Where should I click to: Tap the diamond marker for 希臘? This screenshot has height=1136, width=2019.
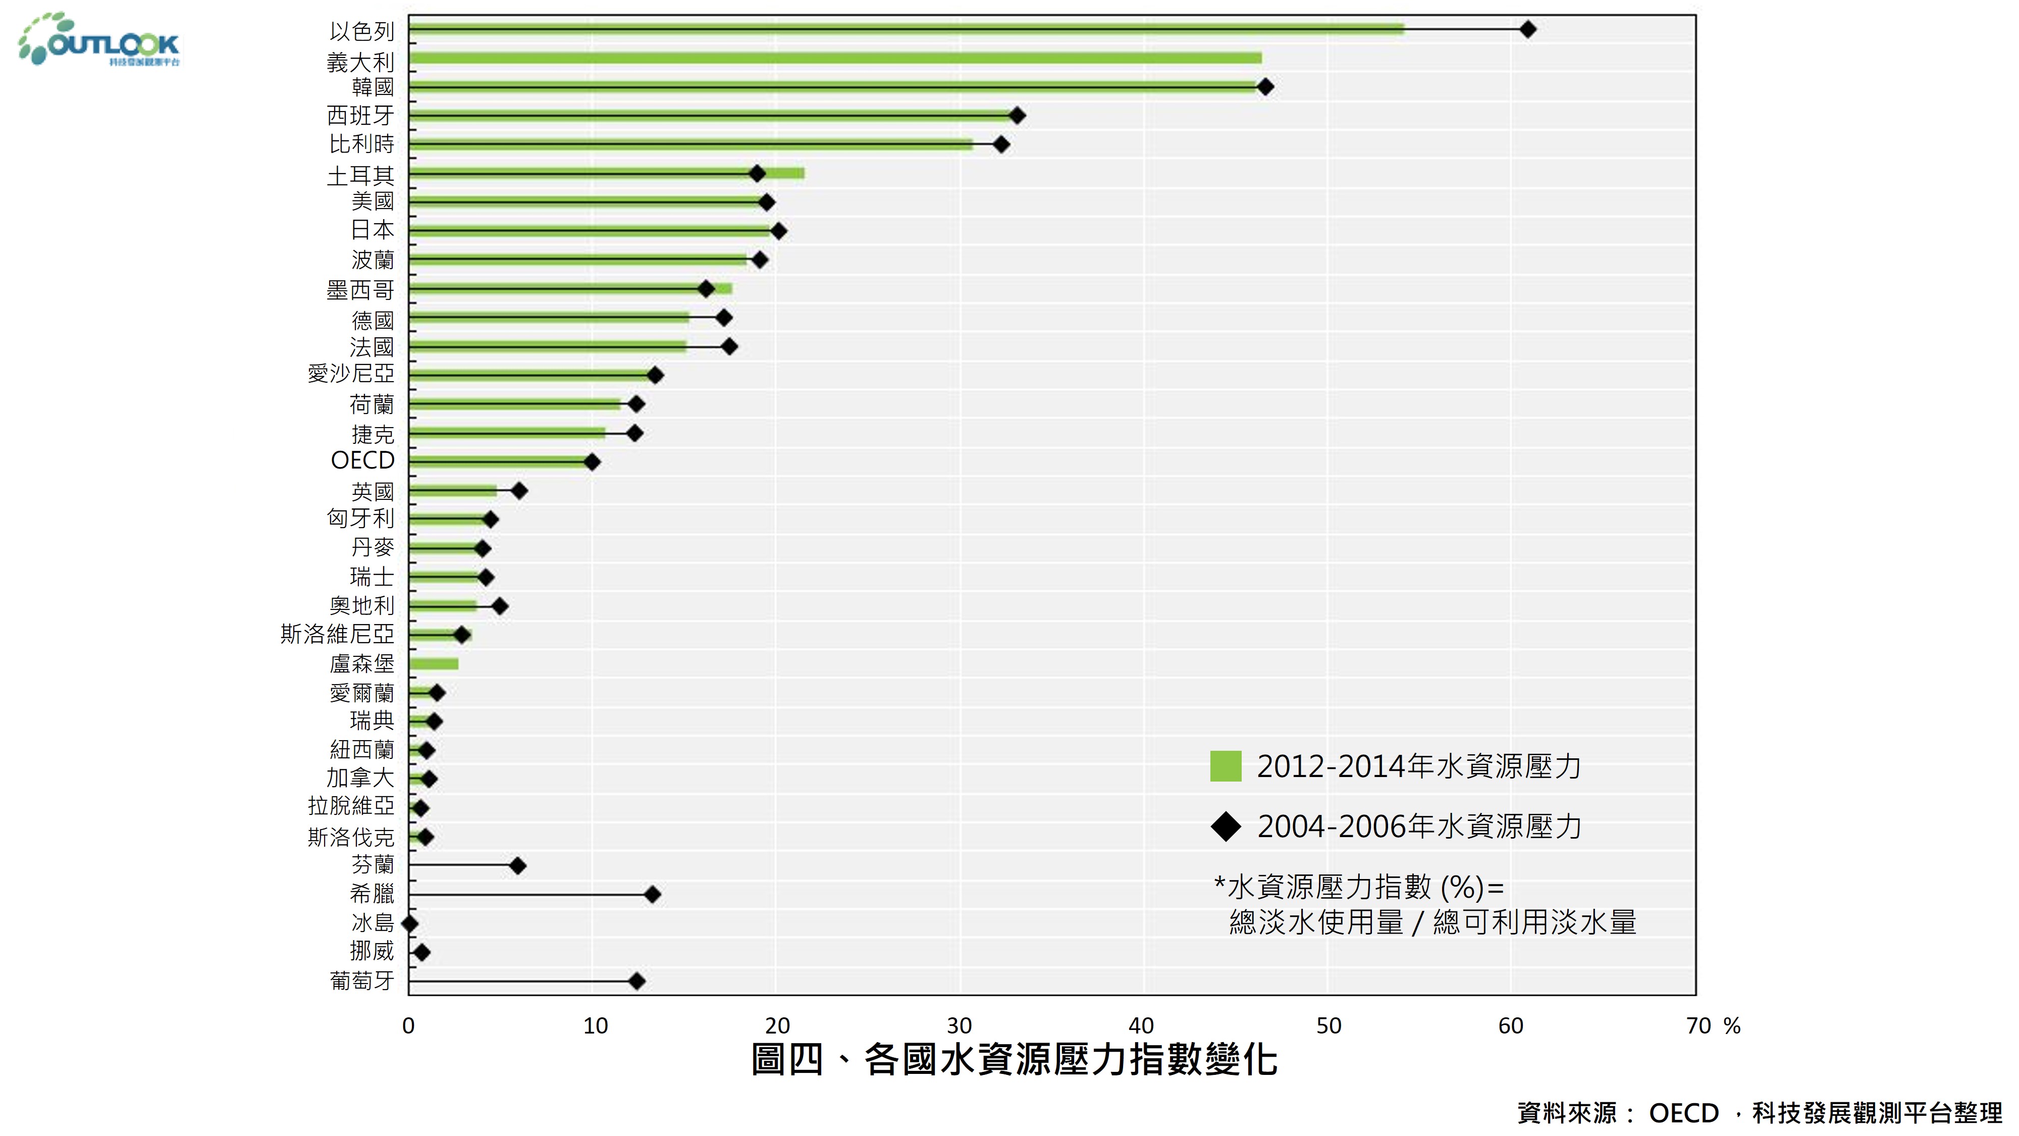652,895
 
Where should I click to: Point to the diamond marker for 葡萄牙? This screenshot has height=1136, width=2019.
637,981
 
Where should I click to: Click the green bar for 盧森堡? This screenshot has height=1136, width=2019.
434,664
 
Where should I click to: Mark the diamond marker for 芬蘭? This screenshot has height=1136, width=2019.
517,865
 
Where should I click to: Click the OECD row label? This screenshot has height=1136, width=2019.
362,460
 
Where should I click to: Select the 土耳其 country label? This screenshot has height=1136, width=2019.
360,175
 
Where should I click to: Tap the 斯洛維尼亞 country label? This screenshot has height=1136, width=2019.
337,634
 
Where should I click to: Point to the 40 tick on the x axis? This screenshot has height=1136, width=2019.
1141,1025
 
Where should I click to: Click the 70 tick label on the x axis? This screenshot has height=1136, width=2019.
1698,1025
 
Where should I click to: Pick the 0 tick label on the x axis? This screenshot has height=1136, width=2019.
408,1025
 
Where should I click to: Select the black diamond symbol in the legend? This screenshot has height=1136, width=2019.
1226,827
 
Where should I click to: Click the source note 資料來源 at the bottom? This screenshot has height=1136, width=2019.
1759,1112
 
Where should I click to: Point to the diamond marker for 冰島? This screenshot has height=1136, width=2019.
409,923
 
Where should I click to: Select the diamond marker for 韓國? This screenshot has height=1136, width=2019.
1265,87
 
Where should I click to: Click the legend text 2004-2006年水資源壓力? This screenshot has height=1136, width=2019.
1419,827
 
